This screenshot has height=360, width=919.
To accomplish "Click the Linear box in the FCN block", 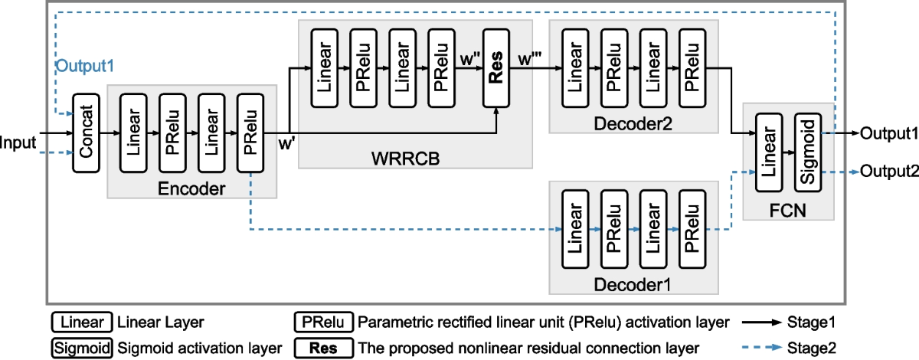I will point(769,151).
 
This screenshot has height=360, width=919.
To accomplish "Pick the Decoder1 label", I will point(633,286).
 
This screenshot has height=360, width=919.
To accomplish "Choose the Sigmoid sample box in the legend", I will point(82,347).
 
